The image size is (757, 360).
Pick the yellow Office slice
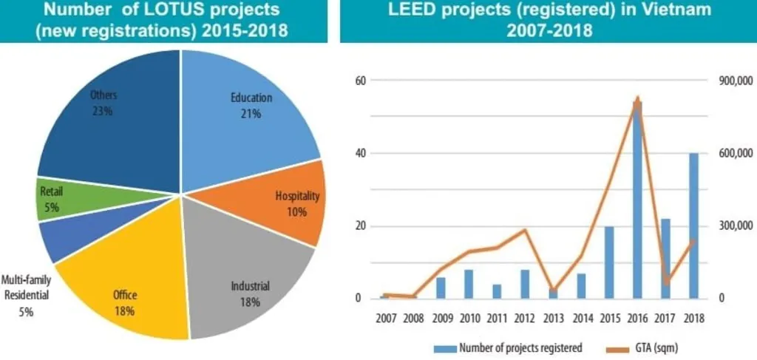point(126,288)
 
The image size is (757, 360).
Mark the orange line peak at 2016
point(637,97)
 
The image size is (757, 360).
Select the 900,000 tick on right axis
point(735,80)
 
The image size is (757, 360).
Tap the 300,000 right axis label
point(735,226)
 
